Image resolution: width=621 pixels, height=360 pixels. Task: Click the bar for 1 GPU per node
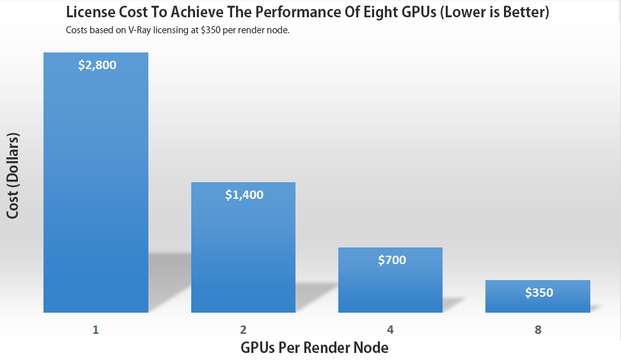(x=96, y=192)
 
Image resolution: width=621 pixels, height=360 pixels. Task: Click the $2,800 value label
(x=97, y=65)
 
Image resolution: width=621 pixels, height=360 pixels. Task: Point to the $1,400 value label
(x=244, y=195)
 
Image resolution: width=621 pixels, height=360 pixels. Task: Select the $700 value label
(x=392, y=260)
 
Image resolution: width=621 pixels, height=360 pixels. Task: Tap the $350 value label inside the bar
(x=539, y=293)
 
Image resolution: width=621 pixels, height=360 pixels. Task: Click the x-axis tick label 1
(x=96, y=330)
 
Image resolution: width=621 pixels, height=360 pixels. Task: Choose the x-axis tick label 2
(x=244, y=330)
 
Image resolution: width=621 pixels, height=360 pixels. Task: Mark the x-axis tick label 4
(x=390, y=330)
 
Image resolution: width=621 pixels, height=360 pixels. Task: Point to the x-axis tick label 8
(x=538, y=330)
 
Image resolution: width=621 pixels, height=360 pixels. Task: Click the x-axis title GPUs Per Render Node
(x=315, y=348)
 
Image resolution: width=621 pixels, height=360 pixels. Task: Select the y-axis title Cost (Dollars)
(x=13, y=176)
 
